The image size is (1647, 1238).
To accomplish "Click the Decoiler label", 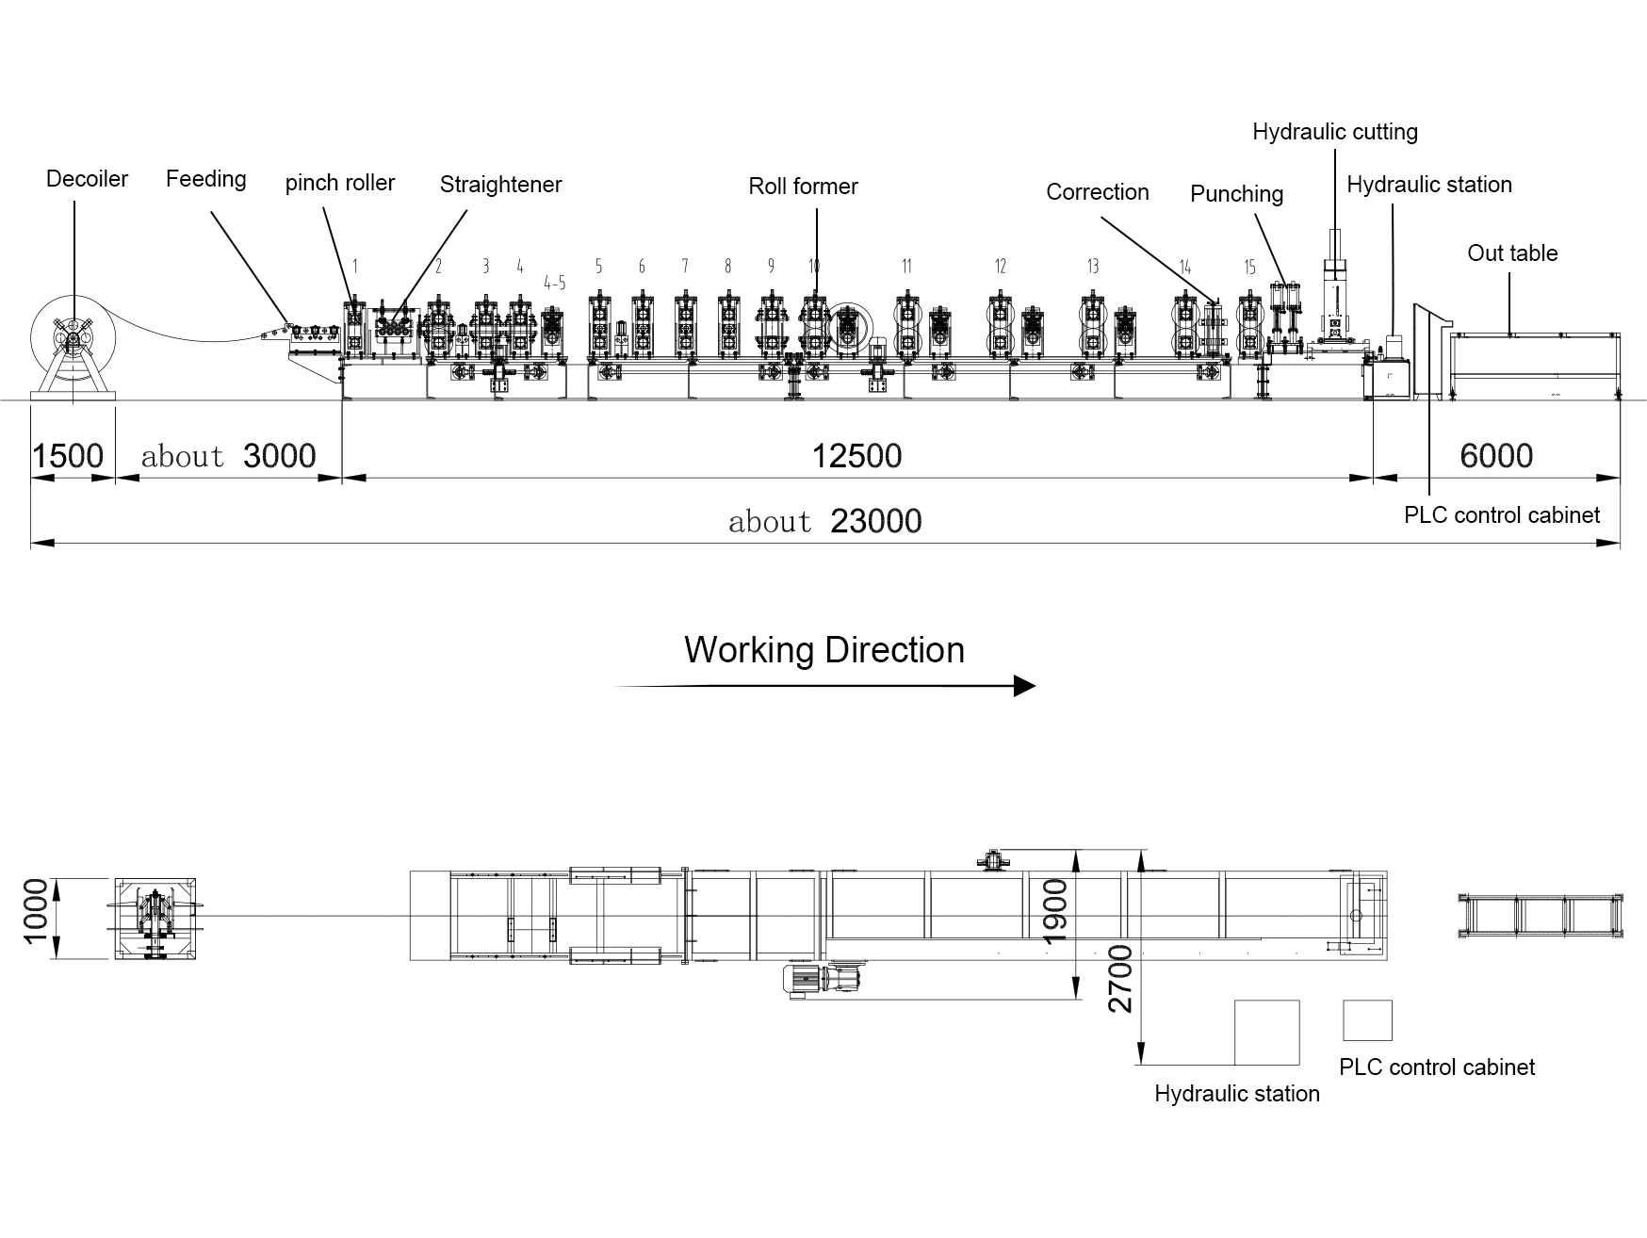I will pyautogui.click(x=87, y=179).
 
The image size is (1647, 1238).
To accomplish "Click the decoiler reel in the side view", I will pyautogui.click(x=73, y=337).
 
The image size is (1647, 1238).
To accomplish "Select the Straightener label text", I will pyautogui.click(x=500, y=185).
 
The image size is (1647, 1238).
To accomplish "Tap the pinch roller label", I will pyautogui.click(x=339, y=183).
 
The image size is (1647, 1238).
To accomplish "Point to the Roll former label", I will pyautogui.click(x=803, y=187).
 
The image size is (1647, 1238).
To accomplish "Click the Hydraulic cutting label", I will pyautogui.click(x=1334, y=132).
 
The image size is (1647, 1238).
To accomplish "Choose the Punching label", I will pyautogui.click(x=1236, y=194).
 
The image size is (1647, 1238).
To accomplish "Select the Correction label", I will pyautogui.click(x=1097, y=192).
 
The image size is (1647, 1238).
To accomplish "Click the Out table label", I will pyautogui.click(x=1511, y=253).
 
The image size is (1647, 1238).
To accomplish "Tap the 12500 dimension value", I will pyautogui.click(x=856, y=457).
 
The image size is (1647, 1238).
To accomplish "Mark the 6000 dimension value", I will pyautogui.click(x=1496, y=457).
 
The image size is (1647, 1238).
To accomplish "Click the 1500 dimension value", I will pyautogui.click(x=68, y=457).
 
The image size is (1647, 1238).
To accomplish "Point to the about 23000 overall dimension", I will pyautogui.click(x=824, y=521).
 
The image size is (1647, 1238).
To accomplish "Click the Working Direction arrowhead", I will pyautogui.click(x=1024, y=686).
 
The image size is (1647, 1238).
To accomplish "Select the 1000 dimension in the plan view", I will pyautogui.click(x=35, y=910).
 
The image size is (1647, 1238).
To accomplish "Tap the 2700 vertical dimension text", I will pyautogui.click(x=1119, y=980).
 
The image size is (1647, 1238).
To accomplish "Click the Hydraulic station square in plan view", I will pyautogui.click(x=1266, y=1033).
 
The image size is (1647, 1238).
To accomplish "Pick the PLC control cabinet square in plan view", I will pyautogui.click(x=1366, y=1020).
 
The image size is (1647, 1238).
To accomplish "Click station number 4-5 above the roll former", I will pyautogui.click(x=555, y=283).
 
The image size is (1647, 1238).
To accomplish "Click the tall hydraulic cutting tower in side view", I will pyautogui.click(x=1333, y=283).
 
